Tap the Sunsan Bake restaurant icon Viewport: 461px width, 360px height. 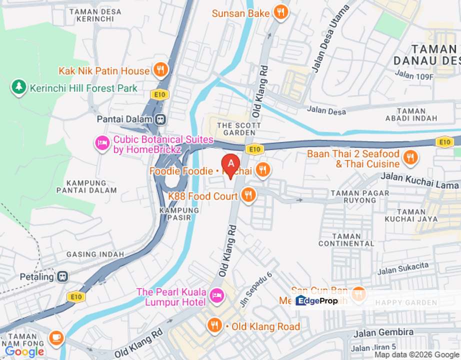coord(281,13)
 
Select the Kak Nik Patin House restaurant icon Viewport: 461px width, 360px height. coord(160,70)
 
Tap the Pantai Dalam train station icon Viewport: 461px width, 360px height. coord(160,119)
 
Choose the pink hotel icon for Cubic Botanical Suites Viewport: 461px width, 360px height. coord(102,144)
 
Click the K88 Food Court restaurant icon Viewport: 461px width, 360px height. coord(248,195)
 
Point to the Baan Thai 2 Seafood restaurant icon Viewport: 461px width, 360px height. coord(410,158)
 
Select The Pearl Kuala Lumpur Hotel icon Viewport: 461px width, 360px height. coord(216,295)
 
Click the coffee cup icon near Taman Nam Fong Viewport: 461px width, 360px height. coord(56,338)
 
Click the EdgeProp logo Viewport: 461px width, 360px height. coord(316,300)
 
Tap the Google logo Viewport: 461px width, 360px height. coord(24,351)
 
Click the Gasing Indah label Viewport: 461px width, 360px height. coord(95,254)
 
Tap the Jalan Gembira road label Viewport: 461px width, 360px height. coord(383,332)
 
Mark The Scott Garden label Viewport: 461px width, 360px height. coord(231,129)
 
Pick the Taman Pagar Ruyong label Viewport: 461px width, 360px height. coord(353,196)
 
